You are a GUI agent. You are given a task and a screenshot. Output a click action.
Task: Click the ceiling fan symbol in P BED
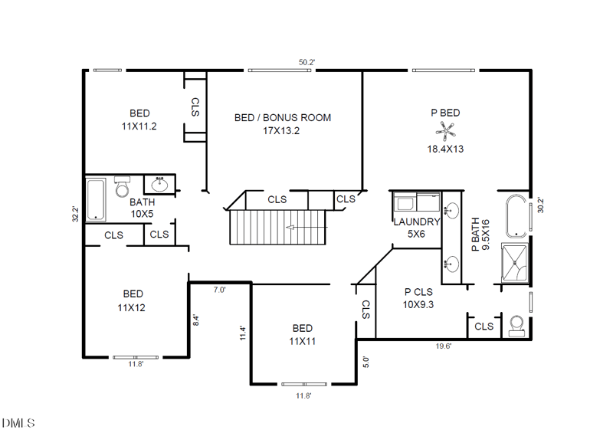point(445,131)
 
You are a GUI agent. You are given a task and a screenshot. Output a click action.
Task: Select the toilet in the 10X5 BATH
point(123,187)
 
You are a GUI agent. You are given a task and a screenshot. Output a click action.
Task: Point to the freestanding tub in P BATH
point(516,215)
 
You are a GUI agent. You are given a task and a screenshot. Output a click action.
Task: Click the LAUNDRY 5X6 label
point(416,228)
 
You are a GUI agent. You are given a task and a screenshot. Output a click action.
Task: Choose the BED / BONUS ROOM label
point(282,124)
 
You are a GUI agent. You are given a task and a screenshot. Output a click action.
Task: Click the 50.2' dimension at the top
point(307,62)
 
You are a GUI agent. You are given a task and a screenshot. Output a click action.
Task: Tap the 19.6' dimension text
point(444,346)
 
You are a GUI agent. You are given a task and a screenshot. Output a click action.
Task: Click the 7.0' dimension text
point(219,290)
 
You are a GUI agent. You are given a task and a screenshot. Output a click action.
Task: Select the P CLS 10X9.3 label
point(418,297)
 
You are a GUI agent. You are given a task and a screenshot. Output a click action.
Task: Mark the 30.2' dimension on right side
point(540,205)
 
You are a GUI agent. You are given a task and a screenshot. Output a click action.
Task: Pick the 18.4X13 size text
point(445,149)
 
